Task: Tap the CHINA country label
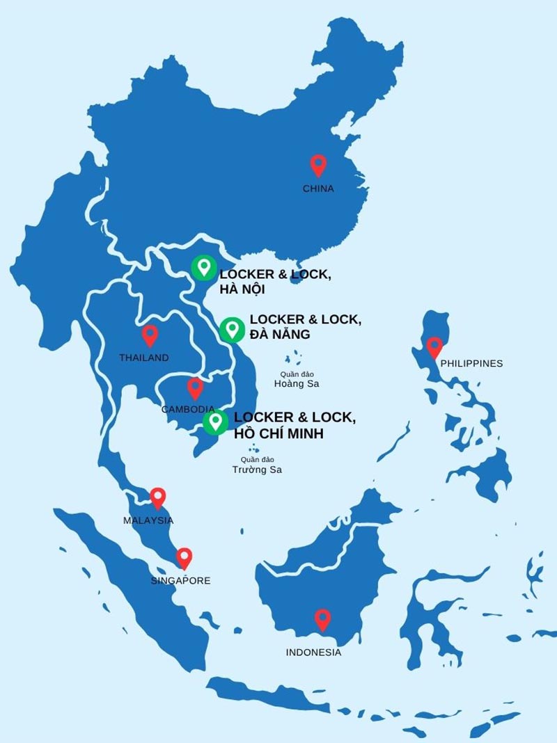coord(318,189)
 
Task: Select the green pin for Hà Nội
coord(203,267)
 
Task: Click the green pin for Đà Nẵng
coord(230,329)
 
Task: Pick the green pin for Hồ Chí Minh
coord(215,422)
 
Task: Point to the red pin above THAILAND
coord(150,336)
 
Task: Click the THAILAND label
coord(144,358)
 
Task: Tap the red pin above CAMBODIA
coord(195,388)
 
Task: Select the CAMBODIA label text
coord(187,409)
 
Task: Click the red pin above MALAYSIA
coord(158,497)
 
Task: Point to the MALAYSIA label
coord(148,520)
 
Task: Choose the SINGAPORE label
coord(180,580)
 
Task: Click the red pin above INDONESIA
coord(322,618)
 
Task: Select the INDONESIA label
coord(314,653)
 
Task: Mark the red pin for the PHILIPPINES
coord(434,346)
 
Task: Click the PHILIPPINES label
coord(471,363)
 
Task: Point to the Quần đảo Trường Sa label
coord(257,465)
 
